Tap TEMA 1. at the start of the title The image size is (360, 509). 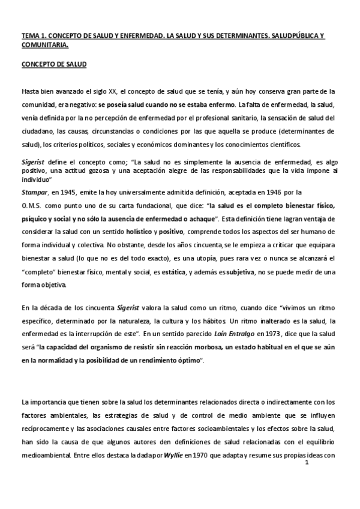click(33, 36)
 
